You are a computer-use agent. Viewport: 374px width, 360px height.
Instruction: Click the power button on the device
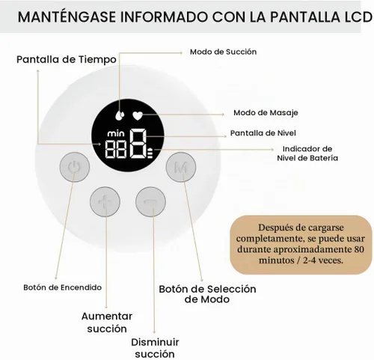pos(75,167)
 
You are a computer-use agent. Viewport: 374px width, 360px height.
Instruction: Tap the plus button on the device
pos(105,201)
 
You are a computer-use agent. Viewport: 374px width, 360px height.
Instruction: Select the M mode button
pos(181,167)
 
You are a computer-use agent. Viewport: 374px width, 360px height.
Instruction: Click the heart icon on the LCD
pos(138,115)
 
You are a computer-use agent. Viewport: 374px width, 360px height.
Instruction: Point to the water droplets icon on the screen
pos(120,115)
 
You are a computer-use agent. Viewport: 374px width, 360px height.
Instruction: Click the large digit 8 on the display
pos(138,144)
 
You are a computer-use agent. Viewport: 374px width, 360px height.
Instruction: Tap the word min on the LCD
pos(116,133)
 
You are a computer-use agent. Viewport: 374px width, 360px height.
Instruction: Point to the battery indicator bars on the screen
pos(150,153)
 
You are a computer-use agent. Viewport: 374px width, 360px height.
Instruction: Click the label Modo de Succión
pos(223,52)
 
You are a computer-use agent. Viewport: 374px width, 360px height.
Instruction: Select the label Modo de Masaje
pos(266,113)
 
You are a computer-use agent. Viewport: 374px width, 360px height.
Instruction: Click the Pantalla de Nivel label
pos(263,133)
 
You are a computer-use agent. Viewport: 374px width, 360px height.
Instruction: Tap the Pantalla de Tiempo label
pos(67,60)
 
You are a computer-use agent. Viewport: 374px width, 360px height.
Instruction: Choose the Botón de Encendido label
pos(62,287)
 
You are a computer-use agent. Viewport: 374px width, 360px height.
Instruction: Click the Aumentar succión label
pos(107,323)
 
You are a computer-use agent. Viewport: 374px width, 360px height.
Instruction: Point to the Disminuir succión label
pos(155,348)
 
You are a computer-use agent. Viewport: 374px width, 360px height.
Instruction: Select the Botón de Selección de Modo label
pos(207,294)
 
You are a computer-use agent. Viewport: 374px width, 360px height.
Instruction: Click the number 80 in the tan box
pos(359,249)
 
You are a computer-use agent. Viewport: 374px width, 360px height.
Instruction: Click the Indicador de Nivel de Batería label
pos(307,153)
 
